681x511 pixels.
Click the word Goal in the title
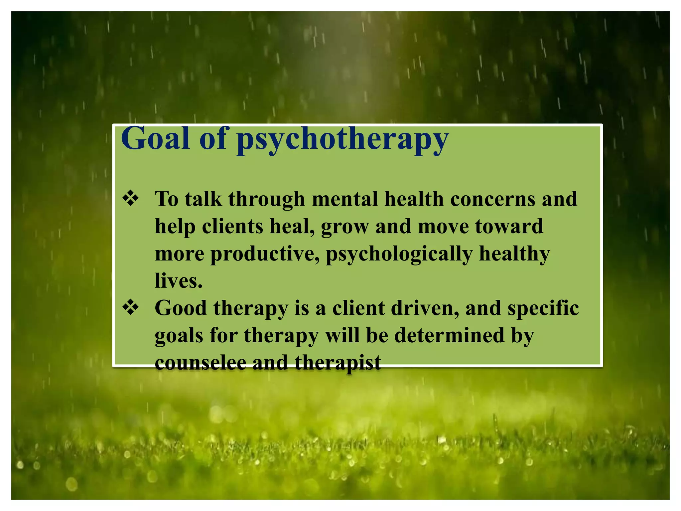[x=155, y=139]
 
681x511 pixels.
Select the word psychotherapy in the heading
[x=342, y=140]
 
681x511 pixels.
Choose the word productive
[x=265, y=254]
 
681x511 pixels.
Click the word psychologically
[x=399, y=255]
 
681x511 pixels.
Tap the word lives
[x=179, y=281]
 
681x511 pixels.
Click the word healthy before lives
[x=514, y=254]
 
